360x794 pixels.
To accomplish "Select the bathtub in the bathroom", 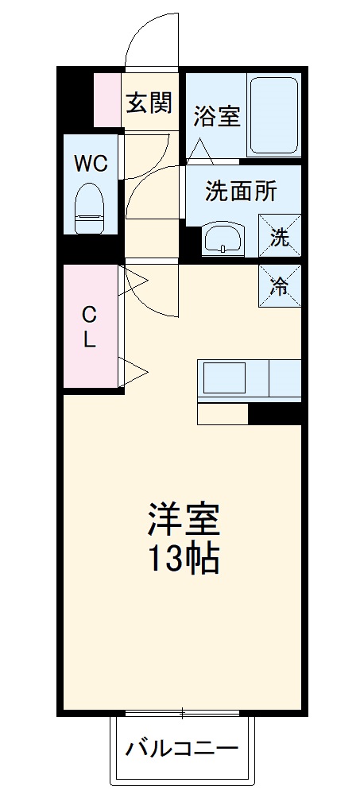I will click(274, 116).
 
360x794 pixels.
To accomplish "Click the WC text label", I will click(91, 165).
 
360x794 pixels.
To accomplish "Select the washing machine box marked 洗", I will click(281, 237).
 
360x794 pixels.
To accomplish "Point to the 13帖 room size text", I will click(182, 561).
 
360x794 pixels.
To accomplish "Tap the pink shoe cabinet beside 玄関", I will click(107, 100).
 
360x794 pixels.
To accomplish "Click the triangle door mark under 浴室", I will click(199, 149).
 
